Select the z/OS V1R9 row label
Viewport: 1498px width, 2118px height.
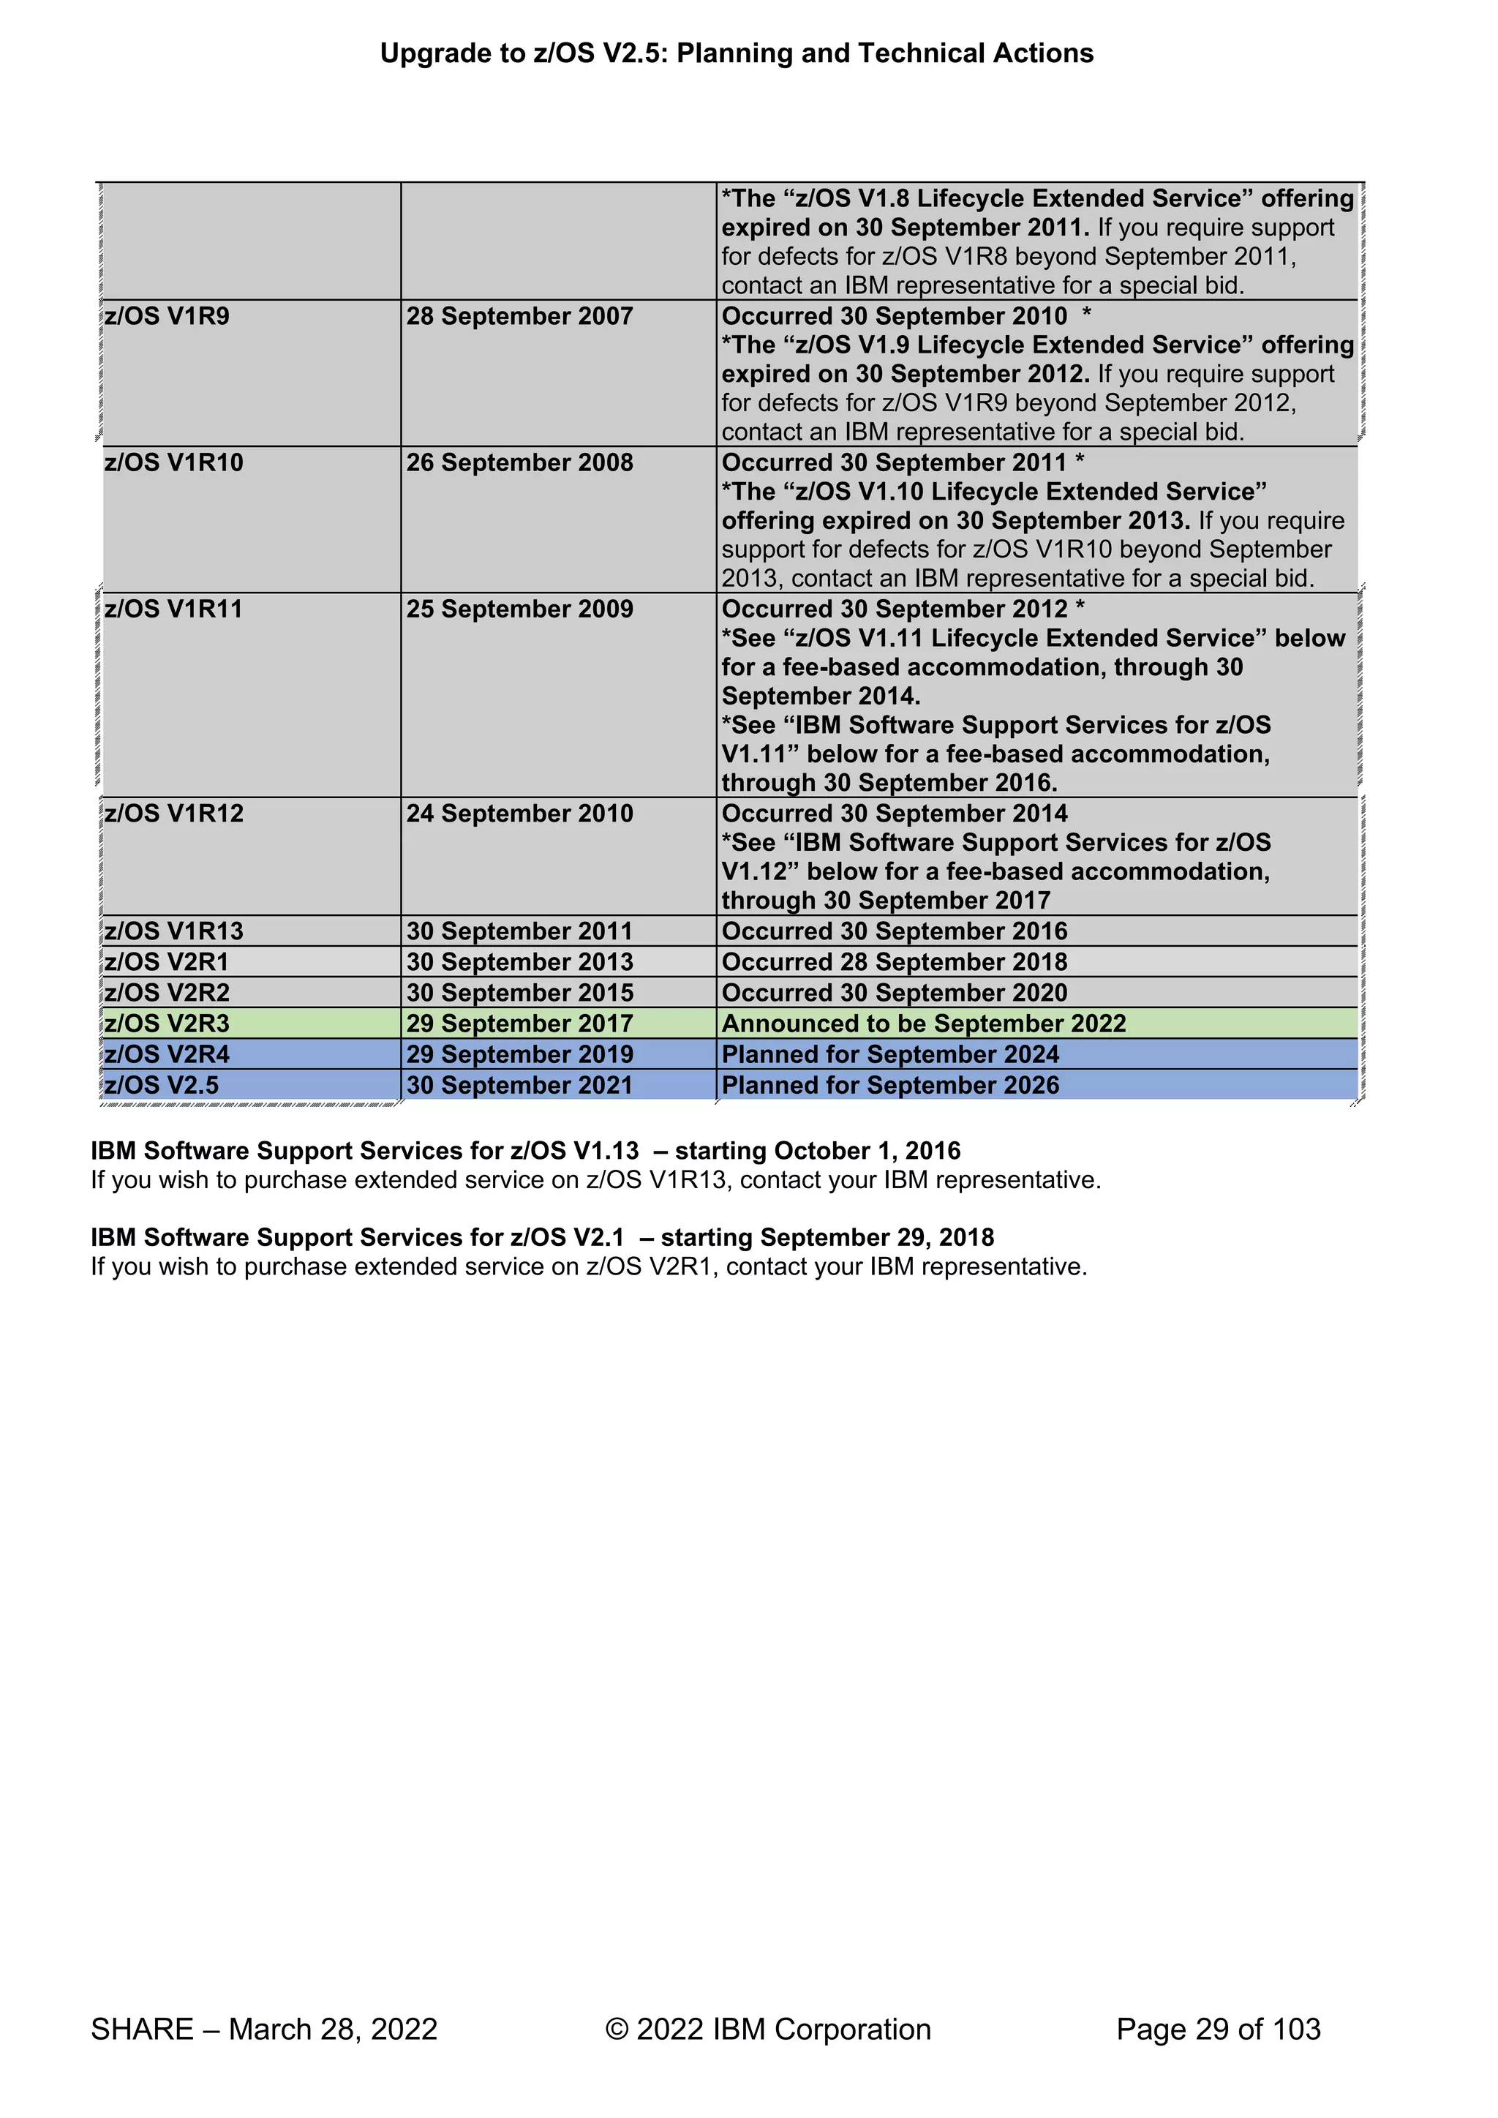click(x=167, y=316)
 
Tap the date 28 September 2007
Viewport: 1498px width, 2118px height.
click(x=519, y=316)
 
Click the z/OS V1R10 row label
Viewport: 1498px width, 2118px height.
click(x=173, y=462)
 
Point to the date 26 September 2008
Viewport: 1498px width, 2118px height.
click(x=519, y=462)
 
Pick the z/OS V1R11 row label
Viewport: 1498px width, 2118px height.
click(x=173, y=609)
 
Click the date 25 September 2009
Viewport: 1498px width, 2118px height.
click(x=519, y=609)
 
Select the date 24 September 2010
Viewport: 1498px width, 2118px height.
click(x=519, y=814)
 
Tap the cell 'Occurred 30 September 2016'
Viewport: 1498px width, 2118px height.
click(x=894, y=931)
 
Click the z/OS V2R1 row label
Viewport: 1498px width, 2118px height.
click(x=167, y=962)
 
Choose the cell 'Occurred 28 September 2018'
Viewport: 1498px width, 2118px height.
click(x=894, y=962)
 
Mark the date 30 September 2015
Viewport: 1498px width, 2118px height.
click(x=519, y=993)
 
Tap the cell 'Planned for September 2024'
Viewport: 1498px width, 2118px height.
click(x=890, y=1054)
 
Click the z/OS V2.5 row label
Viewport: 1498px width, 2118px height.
click(x=162, y=1085)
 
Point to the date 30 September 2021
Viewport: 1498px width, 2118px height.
click(x=519, y=1085)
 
